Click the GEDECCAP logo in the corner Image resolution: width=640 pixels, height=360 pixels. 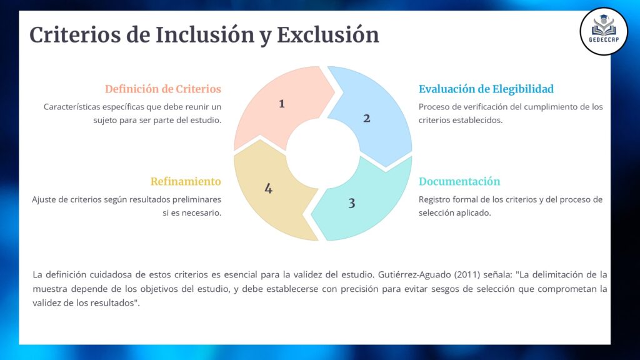tap(604, 31)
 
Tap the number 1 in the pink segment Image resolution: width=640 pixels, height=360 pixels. tap(282, 104)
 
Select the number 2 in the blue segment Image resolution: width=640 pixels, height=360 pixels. tap(366, 118)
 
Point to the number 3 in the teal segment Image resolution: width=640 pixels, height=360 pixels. tap(352, 203)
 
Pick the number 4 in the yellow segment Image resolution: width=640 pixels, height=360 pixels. tap(268, 189)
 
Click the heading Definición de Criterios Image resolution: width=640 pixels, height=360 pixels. tap(163, 89)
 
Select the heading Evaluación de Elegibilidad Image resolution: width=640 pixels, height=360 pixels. tap(486, 89)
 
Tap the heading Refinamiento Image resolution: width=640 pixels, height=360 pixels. tap(186, 182)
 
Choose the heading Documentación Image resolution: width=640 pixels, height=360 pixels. tap(459, 182)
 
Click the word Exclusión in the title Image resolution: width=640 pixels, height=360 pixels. tap(328, 35)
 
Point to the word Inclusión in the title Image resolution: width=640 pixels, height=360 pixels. tap(205, 35)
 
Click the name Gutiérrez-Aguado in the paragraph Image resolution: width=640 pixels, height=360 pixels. tap(414, 275)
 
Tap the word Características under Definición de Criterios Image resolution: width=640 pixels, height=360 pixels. tap(72, 107)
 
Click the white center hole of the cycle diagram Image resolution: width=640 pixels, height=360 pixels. tap(323, 154)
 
